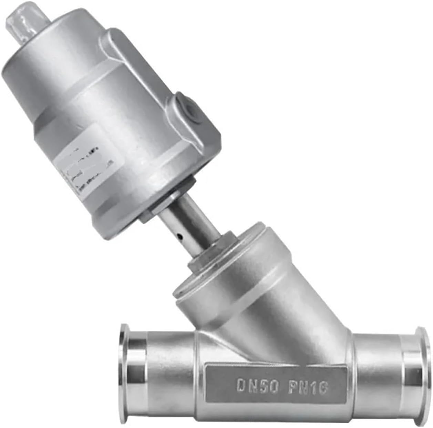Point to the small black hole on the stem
(180, 237)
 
